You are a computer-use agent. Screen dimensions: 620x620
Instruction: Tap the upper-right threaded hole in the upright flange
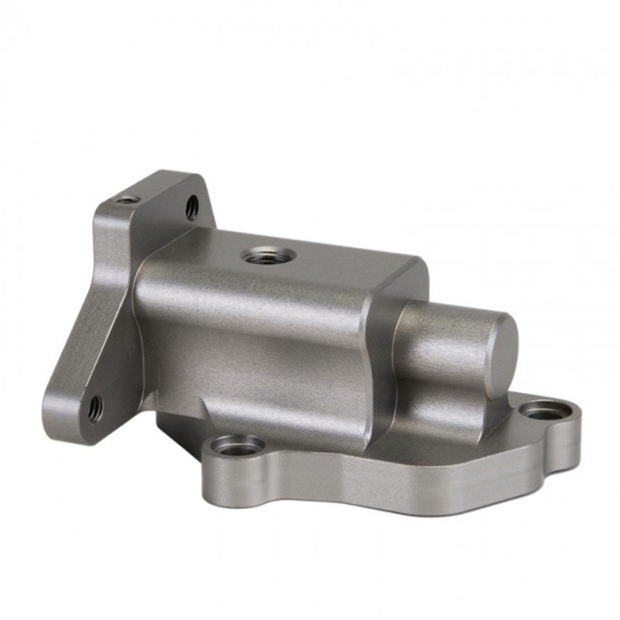pyautogui.click(x=191, y=207)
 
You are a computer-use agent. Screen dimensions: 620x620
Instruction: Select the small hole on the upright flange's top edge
pyautogui.click(x=128, y=200)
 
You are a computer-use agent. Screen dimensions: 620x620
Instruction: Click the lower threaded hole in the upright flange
pyautogui.click(x=95, y=406)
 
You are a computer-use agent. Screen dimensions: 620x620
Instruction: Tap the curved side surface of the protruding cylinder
pyautogui.click(x=442, y=341)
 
